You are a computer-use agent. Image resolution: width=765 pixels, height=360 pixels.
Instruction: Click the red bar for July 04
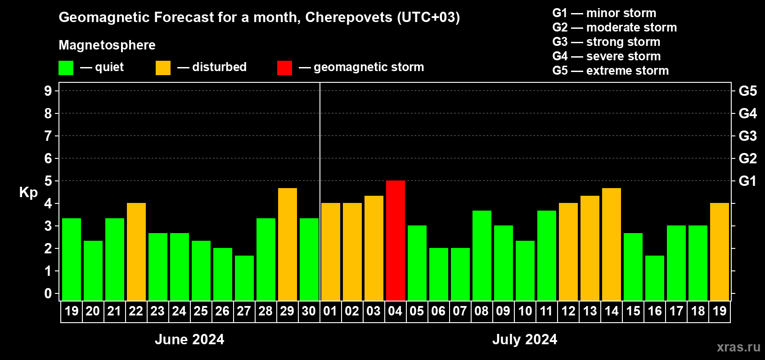click(x=395, y=240)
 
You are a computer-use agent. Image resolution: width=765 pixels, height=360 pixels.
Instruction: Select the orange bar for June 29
click(x=287, y=244)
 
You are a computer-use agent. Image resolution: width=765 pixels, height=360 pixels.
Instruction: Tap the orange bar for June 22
click(x=136, y=252)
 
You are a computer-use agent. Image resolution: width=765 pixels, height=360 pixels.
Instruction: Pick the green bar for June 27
click(x=244, y=278)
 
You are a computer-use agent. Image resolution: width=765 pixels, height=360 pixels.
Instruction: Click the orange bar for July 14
click(x=611, y=244)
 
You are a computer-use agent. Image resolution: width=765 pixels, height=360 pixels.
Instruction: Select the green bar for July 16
click(x=654, y=278)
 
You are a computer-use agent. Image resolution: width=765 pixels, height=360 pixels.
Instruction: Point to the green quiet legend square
click(x=66, y=68)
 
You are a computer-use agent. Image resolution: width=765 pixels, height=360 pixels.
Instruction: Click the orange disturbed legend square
click(x=163, y=68)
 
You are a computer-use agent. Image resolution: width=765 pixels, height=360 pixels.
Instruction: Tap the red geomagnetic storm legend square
click(x=284, y=68)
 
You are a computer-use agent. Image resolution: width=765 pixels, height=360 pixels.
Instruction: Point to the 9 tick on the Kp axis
click(x=48, y=91)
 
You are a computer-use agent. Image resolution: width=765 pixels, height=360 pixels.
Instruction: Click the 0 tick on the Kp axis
click(x=48, y=293)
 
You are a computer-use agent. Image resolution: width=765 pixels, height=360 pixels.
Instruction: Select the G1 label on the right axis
click(x=747, y=181)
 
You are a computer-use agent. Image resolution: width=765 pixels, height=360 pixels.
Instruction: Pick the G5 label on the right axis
click(x=747, y=91)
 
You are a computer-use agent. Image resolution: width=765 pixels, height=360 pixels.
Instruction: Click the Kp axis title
click(x=28, y=193)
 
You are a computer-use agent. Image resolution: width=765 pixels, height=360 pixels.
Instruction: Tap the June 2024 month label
click(x=189, y=339)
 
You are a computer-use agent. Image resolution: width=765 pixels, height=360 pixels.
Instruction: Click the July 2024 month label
click(x=525, y=339)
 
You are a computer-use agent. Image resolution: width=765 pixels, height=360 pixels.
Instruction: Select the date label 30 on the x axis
click(x=309, y=311)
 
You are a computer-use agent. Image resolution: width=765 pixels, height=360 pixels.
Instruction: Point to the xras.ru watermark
click(x=738, y=347)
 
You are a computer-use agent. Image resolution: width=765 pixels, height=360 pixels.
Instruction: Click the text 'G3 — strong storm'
click(x=606, y=42)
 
